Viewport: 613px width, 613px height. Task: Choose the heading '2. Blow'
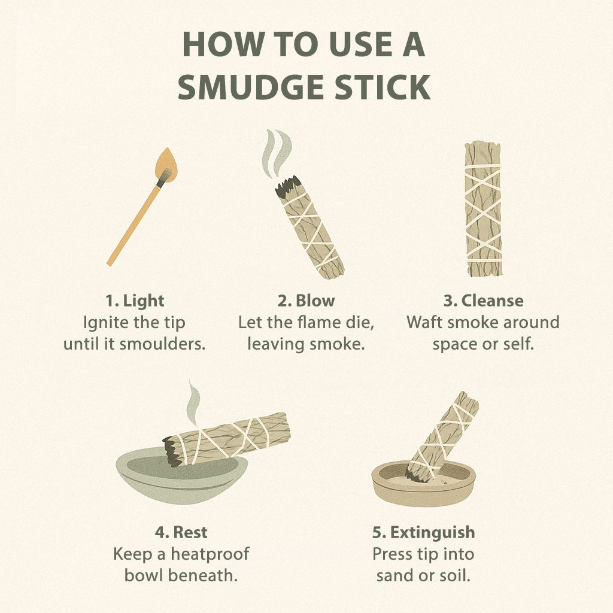pos(306,301)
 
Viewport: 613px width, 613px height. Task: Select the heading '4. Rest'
pos(181,532)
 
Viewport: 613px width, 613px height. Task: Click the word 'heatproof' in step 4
pos(210,554)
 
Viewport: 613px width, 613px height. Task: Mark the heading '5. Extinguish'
pos(423,532)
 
